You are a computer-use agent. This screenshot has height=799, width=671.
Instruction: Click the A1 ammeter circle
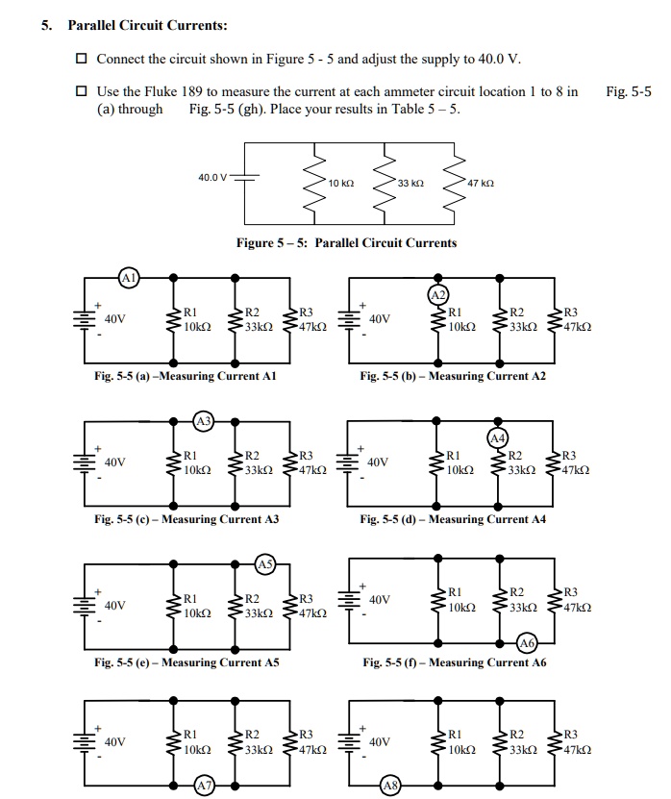coord(127,279)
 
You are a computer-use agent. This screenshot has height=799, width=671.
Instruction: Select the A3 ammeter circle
coord(203,421)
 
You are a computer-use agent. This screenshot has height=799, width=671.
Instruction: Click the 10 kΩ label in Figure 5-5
coord(341,183)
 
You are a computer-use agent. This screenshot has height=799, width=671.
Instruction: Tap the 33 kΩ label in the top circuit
coord(410,183)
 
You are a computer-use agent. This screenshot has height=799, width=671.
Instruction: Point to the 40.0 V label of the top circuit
coord(212,178)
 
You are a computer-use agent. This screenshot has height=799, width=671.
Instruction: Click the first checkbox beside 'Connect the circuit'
coord(82,60)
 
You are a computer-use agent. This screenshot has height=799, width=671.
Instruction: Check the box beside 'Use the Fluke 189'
coord(82,92)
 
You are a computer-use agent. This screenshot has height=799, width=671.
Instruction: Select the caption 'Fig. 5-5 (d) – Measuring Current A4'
coord(453,519)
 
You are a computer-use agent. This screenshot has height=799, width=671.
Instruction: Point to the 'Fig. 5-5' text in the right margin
coord(629,92)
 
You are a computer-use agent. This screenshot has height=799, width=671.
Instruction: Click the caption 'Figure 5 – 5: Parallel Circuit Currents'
coord(347,243)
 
